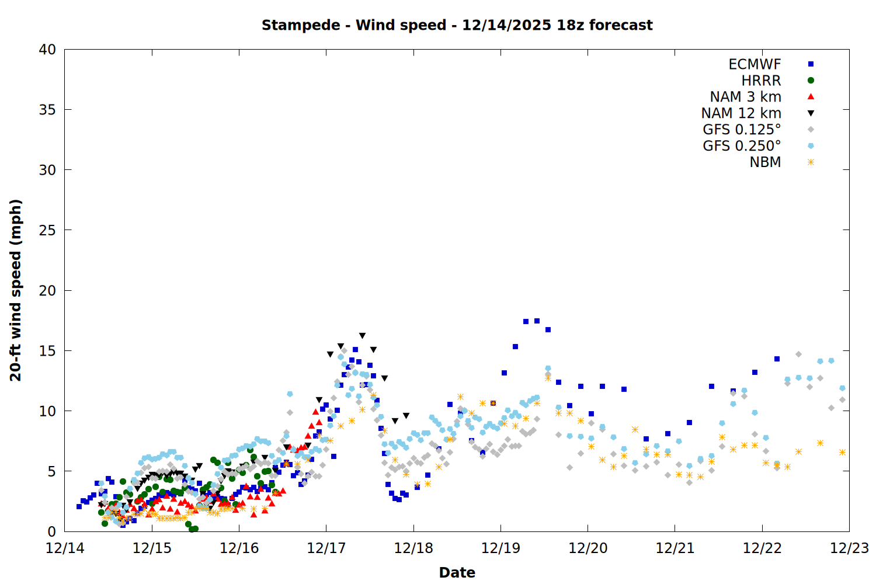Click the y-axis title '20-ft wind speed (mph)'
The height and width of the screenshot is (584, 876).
coord(16,290)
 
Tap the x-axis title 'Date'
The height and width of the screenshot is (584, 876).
coord(457,572)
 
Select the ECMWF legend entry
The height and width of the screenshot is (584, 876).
coord(755,64)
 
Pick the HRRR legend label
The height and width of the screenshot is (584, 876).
coord(761,81)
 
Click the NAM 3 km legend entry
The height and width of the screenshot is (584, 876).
coord(745,97)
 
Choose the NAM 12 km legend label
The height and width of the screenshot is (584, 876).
coord(741,113)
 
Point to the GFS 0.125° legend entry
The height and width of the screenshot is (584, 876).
coord(742,130)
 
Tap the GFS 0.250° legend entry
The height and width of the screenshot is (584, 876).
coord(742,146)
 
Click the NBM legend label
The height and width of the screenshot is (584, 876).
coord(765,162)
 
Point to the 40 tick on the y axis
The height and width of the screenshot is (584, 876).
coord(47,50)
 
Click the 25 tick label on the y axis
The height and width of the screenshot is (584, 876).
coord(47,230)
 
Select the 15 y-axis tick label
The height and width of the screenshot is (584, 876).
coord(47,350)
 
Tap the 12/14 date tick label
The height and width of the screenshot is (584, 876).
coord(65,548)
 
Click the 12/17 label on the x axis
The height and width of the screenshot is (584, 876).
coord(326,548)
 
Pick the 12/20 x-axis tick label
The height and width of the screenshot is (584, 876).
coord(588,548)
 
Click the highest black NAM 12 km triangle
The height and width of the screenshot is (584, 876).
coord(362,336)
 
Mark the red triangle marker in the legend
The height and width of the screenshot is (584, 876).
coord(811,97)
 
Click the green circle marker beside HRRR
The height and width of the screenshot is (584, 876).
coord(811,81)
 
